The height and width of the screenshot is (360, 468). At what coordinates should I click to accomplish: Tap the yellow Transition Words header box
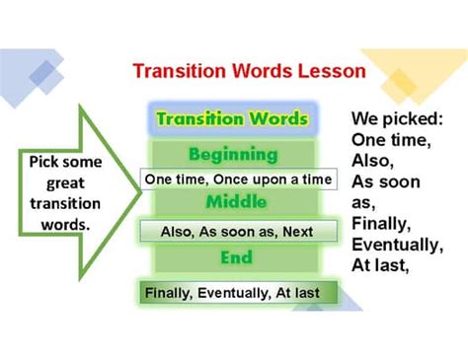(232, 119)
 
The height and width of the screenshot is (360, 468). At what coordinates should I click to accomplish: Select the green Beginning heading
(232, 155)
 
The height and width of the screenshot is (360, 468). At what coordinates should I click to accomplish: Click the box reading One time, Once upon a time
(237, 180)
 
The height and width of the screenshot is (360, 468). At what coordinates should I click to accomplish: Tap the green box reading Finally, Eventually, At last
(237, 293)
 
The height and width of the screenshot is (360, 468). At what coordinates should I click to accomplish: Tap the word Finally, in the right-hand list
(382, 224)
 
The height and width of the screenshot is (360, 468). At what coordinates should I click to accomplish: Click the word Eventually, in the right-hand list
(396, 245)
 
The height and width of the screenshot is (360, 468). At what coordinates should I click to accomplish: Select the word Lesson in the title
(337, 72)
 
